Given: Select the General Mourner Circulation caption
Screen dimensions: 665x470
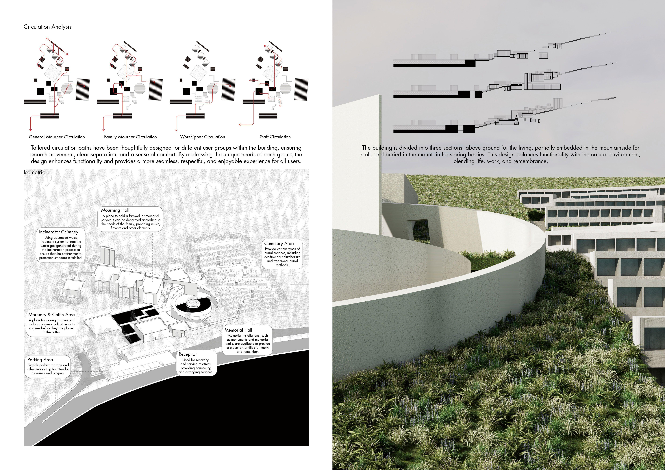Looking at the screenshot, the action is tap(57, 137).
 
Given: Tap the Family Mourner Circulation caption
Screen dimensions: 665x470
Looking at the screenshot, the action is tap(130, 137).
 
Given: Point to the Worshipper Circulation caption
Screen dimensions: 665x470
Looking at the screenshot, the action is tap(202, 137).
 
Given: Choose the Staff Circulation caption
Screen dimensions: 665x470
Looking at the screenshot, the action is tap(275, 137).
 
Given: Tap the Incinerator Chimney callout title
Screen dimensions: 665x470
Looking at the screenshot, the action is tap(58, 232).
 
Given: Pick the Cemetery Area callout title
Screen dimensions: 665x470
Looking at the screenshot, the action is tap(279, 244).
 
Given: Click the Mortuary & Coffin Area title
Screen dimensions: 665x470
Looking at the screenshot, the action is tap(51, 315).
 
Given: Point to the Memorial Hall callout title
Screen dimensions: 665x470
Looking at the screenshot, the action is tap(238, 330).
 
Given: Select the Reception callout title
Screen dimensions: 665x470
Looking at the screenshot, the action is tap(188, 354).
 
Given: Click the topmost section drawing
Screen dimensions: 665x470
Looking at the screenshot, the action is tap(504, 55).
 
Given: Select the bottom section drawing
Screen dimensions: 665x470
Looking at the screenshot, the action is tap(504, 119).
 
